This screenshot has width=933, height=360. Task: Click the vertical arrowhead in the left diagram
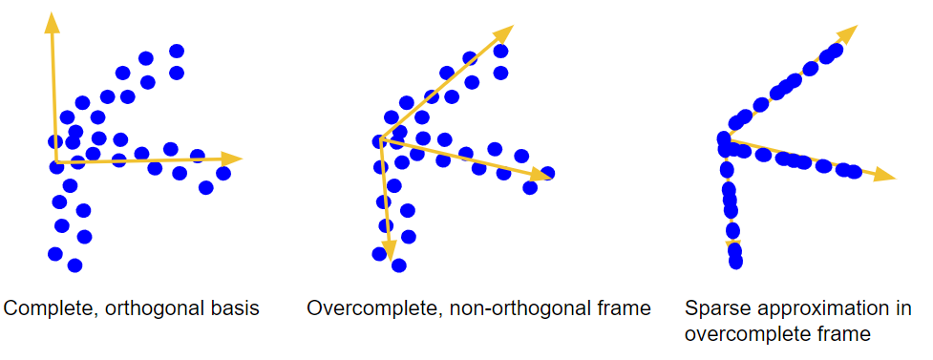(x=52, y=22)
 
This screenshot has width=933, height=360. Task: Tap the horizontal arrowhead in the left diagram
(x=231, y=159)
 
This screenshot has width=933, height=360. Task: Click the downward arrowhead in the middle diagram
(x=389, y=250)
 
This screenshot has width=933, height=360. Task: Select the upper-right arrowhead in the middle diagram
(x=503, y=33)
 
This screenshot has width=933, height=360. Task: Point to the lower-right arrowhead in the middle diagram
(x=541, y=175)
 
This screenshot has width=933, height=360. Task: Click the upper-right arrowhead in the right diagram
(x=847, y=33)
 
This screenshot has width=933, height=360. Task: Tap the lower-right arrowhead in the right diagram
(x=885, y=175)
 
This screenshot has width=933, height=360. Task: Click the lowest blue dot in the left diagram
(x=74, y=265)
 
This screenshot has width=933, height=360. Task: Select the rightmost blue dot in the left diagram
(x=223, y=173)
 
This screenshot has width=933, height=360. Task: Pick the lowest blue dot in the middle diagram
(x=398, y=265)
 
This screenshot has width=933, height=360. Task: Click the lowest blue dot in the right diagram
(x=735, y=262)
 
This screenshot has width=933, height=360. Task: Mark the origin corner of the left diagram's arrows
(x=56, y=161)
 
